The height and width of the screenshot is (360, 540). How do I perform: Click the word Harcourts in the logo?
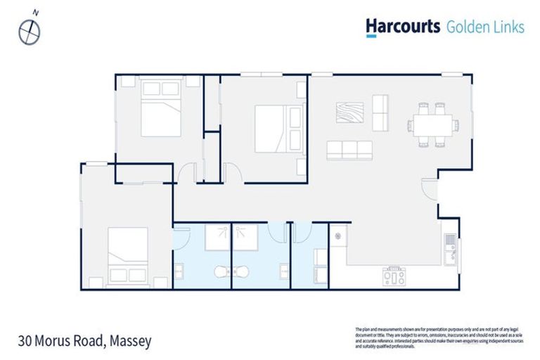tap(402, 27)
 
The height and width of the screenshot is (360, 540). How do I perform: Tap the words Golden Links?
tap(485, 27)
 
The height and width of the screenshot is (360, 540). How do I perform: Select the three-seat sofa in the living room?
tap(349, 149)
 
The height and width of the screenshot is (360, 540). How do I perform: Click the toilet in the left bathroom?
tap(223, 271)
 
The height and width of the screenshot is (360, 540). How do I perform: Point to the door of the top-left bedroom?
tap(186, 172)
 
